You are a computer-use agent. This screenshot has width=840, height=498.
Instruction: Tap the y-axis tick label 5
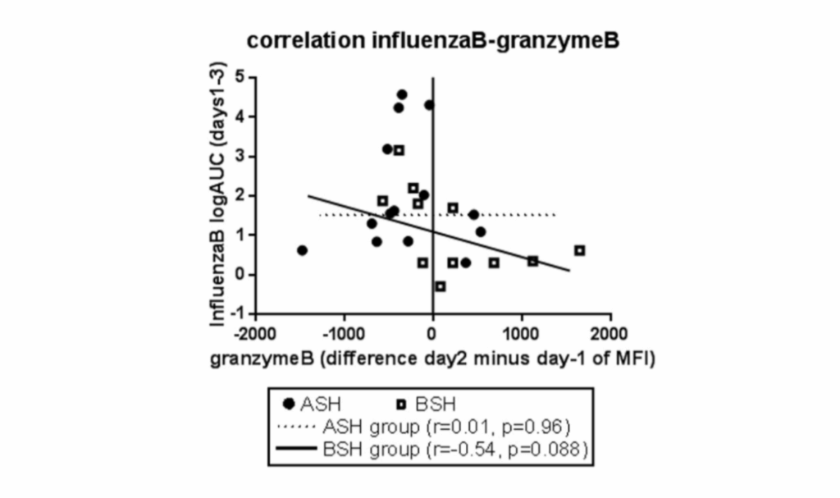click(x=240, y=76)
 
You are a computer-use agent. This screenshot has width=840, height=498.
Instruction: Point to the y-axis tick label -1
click(x=237, y=313)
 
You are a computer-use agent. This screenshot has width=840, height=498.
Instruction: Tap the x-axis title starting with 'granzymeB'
click(x=433, y=359)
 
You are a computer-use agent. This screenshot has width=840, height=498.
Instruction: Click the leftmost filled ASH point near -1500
click(x=302, y=250)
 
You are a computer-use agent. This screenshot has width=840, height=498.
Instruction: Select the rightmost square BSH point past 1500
click(x=580, y=250)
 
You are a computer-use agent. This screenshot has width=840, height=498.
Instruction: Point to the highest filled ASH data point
click(x=402, y=94)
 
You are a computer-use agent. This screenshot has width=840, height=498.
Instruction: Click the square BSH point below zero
click(x=441, y=286)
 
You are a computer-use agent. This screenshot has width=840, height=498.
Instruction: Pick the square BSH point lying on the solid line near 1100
click(x=532, y=261)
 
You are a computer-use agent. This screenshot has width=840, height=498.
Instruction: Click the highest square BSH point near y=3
click(x=399, y=150)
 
